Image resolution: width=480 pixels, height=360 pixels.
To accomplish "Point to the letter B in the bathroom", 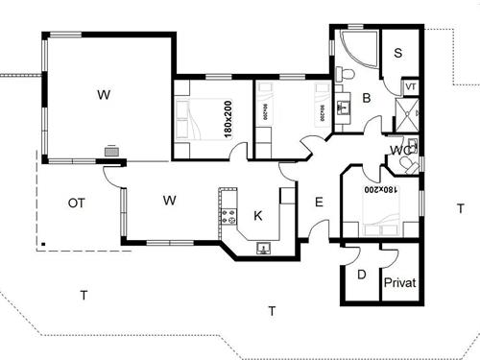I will tap(366, 97).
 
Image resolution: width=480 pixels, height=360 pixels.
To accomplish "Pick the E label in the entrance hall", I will tap(320, 203).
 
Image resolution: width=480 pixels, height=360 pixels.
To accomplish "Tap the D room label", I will tap(361, 276).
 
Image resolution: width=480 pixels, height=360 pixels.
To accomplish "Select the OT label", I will tap(79, 203).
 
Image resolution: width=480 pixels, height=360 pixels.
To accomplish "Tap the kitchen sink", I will tap(262, 248).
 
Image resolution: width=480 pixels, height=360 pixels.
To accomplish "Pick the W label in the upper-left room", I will tap(103, 95).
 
